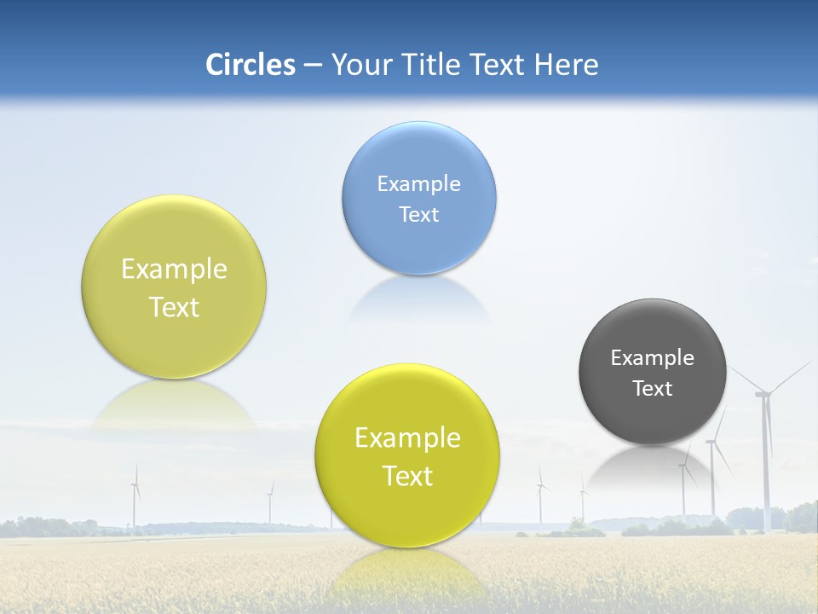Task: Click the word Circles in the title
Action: click(x=250, y=65)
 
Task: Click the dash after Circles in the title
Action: click(x=313, y=66)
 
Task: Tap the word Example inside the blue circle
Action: click(x=418, y=183)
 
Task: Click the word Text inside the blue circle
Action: click(x=418, y=214)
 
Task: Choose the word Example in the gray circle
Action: click(x=652, y=357)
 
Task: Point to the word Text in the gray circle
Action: click(x=652, y=388)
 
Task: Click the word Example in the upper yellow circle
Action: click(x=174, y=269)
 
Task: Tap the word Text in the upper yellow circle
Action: click(x=174, y=307)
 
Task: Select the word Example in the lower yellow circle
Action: click(x=407, y=438)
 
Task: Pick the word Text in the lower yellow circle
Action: click(x=407, y=476)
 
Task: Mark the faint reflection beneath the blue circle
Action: click(x=419, y=298)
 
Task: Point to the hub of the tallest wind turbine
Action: click(x=763, y=394)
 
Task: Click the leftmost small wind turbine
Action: click(x=135, y=495)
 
